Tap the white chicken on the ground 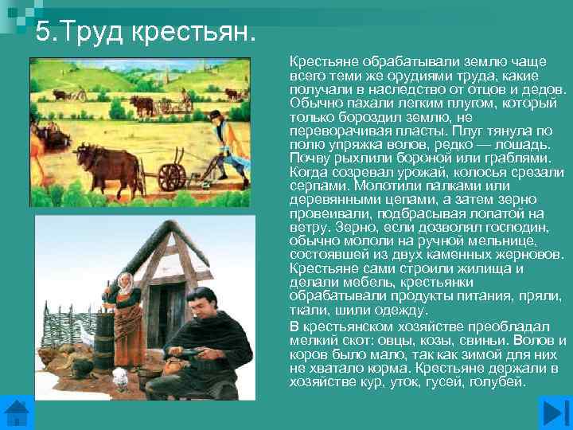(120, 380)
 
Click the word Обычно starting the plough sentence (314, 103)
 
